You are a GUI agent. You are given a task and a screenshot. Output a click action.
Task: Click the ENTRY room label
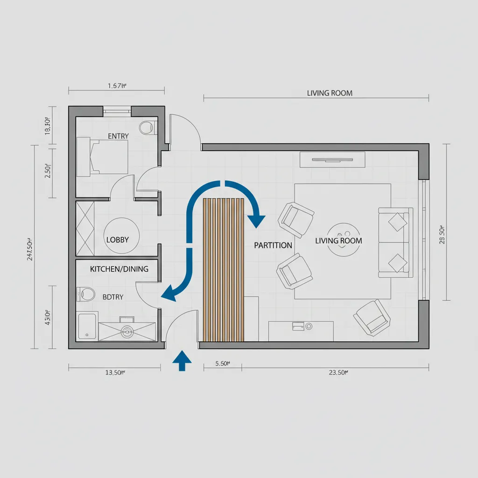pos(118,136)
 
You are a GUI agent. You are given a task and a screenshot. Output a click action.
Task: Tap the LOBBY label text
pos(117,239)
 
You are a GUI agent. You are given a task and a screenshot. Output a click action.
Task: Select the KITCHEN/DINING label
pos(119,269)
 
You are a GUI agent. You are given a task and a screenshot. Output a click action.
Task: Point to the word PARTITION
pos(273,245)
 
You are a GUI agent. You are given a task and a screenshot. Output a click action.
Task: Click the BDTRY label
pos(112,296)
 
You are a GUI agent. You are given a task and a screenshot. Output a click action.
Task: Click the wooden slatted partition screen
pos(224,269)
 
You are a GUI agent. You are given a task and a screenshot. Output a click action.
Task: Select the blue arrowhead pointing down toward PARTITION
pos(256,221)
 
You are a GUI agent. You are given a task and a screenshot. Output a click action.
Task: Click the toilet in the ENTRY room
pos(148,127)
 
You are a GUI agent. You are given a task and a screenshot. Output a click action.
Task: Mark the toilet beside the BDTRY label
pos(86,294)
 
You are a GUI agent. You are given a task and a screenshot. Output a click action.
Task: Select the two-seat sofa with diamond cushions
pos(395,243)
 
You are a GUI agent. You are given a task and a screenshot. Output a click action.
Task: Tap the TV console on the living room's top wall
pos(332,160)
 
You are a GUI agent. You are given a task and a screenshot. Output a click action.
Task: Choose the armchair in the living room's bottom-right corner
pos(372,317)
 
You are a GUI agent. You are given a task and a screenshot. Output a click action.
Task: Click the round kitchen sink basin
pos(127,331)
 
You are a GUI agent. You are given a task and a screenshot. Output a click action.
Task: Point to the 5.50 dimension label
pos(222,364)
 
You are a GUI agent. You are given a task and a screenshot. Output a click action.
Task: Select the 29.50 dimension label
pos(447,228)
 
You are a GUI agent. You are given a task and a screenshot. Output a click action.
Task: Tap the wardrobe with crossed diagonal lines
pos(85,228)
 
